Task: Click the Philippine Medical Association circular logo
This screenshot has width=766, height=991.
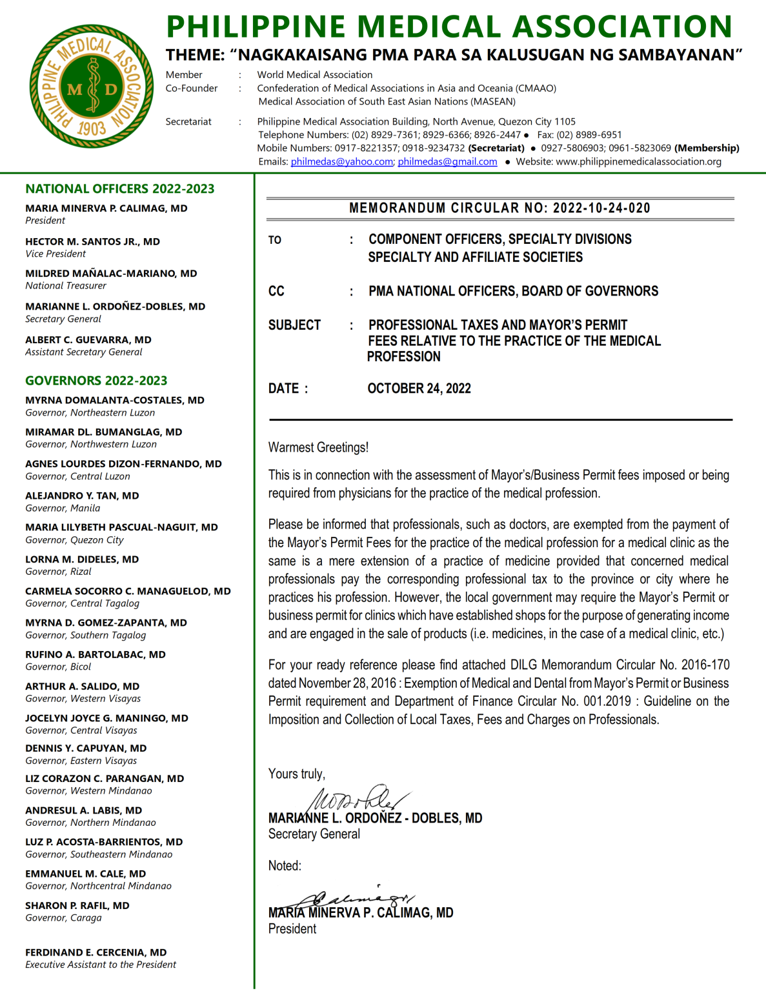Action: tap(92, 86)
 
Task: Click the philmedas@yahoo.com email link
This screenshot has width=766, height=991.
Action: tap(341, 161)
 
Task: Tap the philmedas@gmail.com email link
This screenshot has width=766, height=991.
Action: tap(447, 161)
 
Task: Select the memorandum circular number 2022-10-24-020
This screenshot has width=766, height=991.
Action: tap(601, 208)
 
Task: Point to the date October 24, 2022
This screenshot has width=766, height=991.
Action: tap(419, 388)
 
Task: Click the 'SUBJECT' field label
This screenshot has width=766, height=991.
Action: tap(294, 325)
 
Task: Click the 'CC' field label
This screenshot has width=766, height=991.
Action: tap(276, 291)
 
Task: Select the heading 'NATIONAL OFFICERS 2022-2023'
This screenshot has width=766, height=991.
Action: tap(120, 189)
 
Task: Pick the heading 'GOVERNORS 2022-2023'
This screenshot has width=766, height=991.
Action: tap(96, 381)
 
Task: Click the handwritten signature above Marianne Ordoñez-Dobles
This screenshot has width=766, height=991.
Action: tap(358, 799)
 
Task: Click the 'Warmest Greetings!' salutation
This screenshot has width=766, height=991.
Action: tap(318, 447)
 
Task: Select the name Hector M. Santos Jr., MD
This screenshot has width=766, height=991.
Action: tap(92, 241)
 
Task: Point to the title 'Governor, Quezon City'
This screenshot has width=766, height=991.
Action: tap(74, 540)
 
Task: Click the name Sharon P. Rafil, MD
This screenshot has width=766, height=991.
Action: tap(77, 905)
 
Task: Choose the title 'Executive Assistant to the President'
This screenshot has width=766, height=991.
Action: tap(101, 965)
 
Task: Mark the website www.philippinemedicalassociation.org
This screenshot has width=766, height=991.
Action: tap(638, 161)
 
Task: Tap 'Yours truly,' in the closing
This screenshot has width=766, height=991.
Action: tap(297, 774)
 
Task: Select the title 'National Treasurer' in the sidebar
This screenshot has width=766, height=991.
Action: tap(66, 286)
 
